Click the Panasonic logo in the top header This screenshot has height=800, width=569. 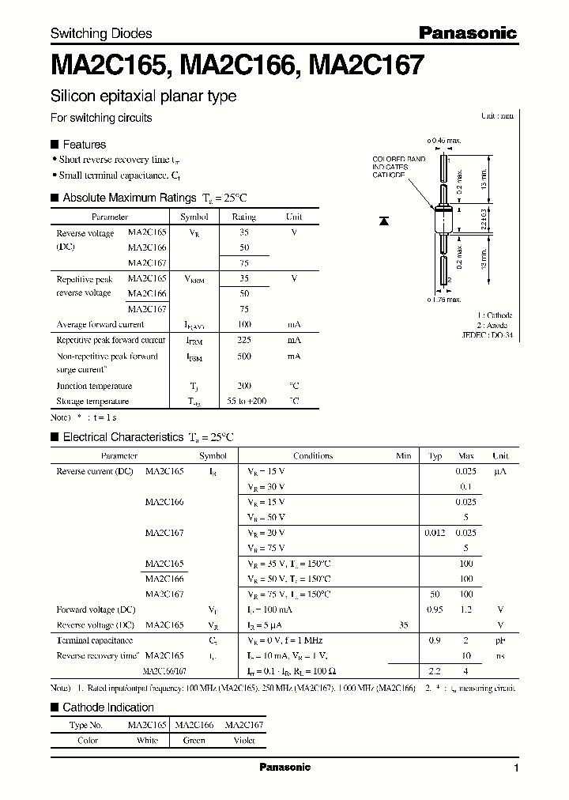click(467, 32)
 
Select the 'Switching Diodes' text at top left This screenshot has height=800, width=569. click(101, 33)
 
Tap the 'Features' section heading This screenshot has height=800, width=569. click(84, 145)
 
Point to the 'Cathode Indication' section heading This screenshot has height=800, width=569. click(108, 708)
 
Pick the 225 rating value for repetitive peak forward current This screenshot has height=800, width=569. click(243, 340)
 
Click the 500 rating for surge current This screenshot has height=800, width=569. click(243, 357)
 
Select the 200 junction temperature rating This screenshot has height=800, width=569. click(243, 386)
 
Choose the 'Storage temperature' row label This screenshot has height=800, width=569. click(92, 401)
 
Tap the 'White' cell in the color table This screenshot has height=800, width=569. click(148, 741)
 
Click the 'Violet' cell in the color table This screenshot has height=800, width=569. click(244, 741)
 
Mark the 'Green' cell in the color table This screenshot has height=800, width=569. click(194, 741)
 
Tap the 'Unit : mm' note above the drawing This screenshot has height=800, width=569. click(497, 115)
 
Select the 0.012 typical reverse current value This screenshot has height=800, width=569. click(435, 533)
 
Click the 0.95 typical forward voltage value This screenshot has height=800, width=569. click(435, 609)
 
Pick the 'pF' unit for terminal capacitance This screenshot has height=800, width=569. click(500, 640)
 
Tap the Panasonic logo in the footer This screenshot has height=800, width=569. click(285, 767)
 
